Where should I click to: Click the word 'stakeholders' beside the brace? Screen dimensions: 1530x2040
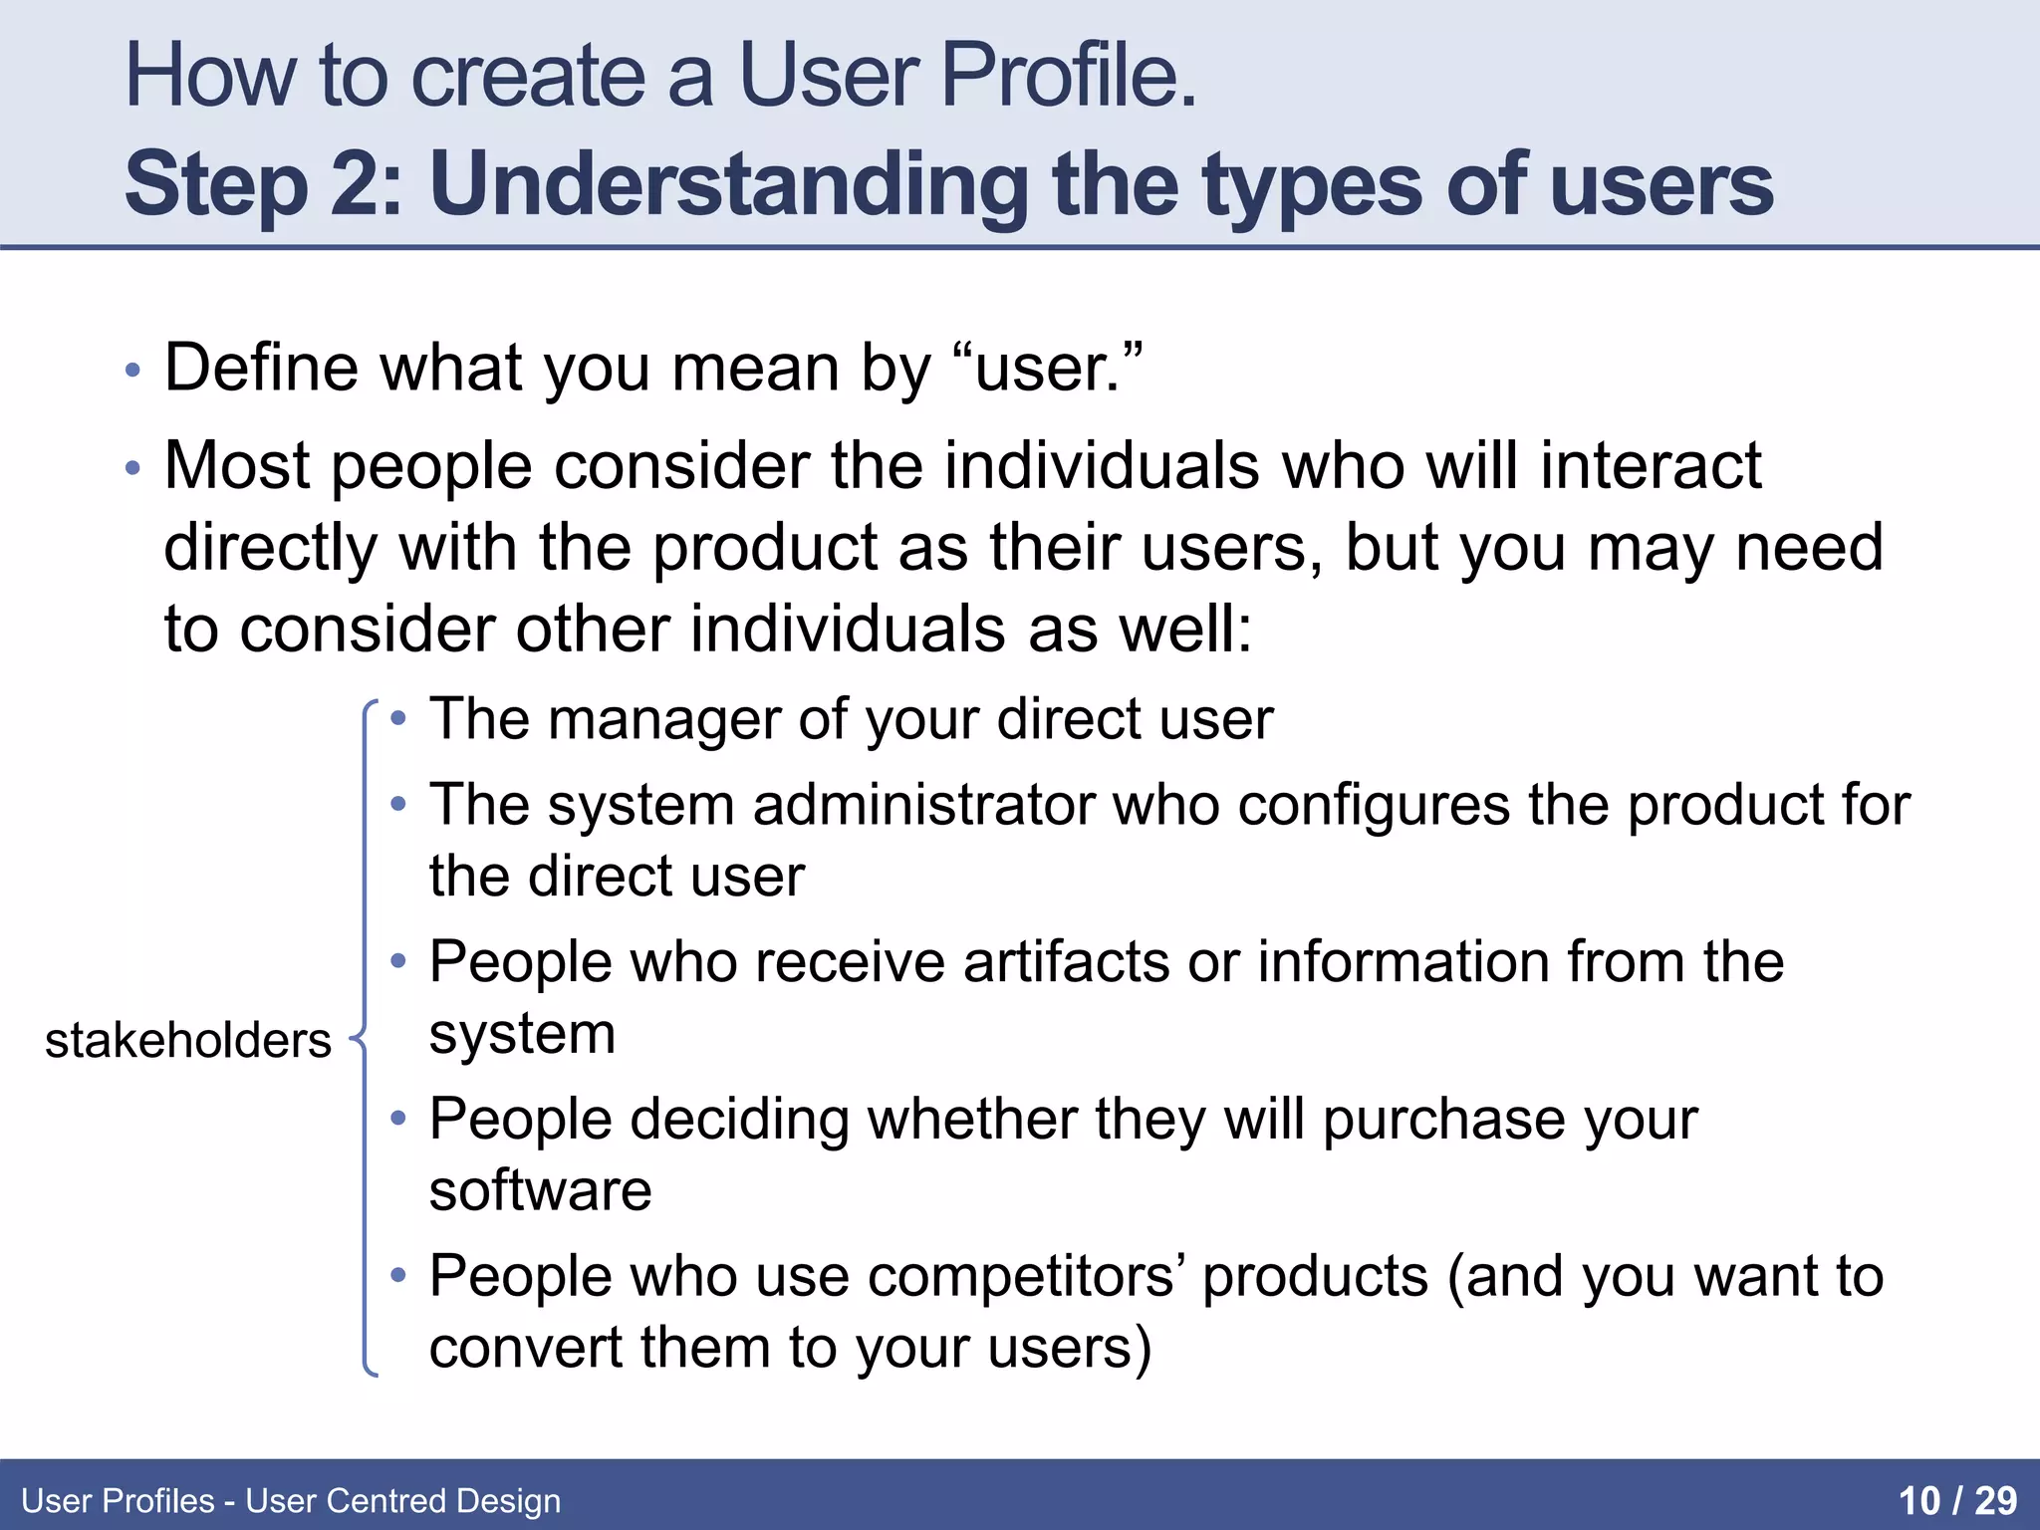[187, 1041]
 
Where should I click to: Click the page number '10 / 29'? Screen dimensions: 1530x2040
[1957, 1500]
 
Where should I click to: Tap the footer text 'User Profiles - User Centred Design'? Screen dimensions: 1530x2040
[291, 1500]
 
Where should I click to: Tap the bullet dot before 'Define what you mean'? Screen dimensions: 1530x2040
[132, 372]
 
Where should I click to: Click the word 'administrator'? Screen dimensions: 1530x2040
[923, 804]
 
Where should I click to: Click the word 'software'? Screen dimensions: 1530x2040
[540, 1189]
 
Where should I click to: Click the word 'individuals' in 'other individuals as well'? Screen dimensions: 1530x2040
[847, 630]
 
